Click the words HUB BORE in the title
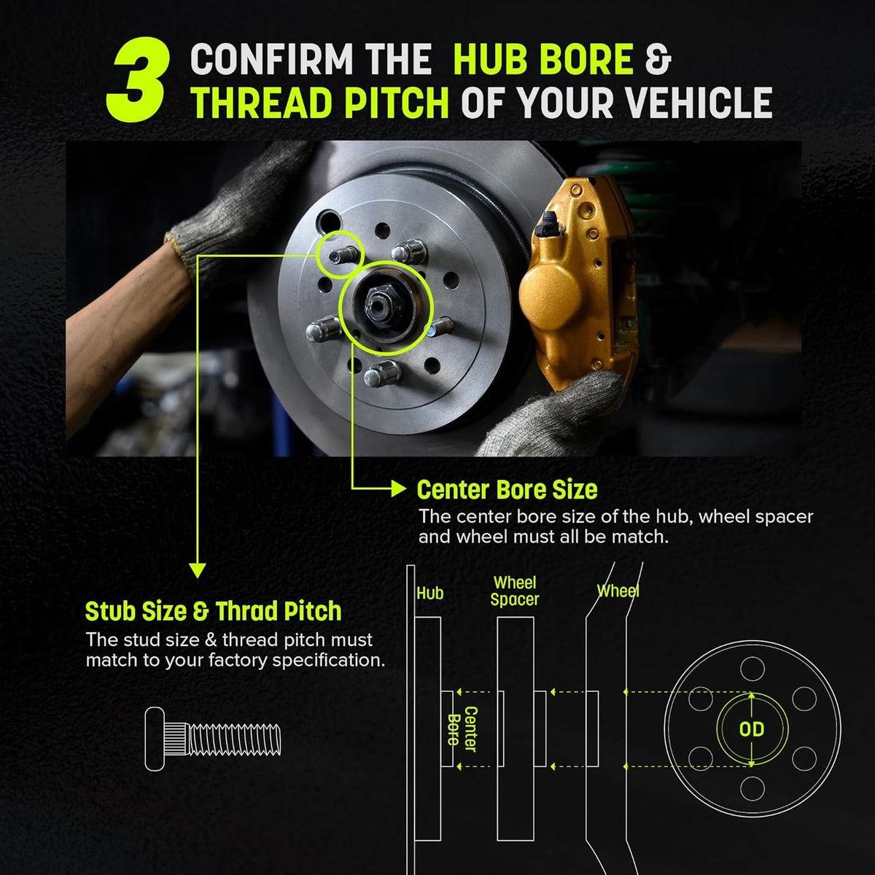543,59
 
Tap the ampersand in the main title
658,59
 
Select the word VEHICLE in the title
699,103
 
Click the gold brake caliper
577,281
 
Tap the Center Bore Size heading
507,490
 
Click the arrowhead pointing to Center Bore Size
398,489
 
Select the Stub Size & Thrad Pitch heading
213,611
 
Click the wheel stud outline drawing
213,739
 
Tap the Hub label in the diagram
429,594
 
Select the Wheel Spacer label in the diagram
515,591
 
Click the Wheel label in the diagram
618,591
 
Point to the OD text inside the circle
752,728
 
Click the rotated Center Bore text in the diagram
462,728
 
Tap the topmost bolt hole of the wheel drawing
752,670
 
